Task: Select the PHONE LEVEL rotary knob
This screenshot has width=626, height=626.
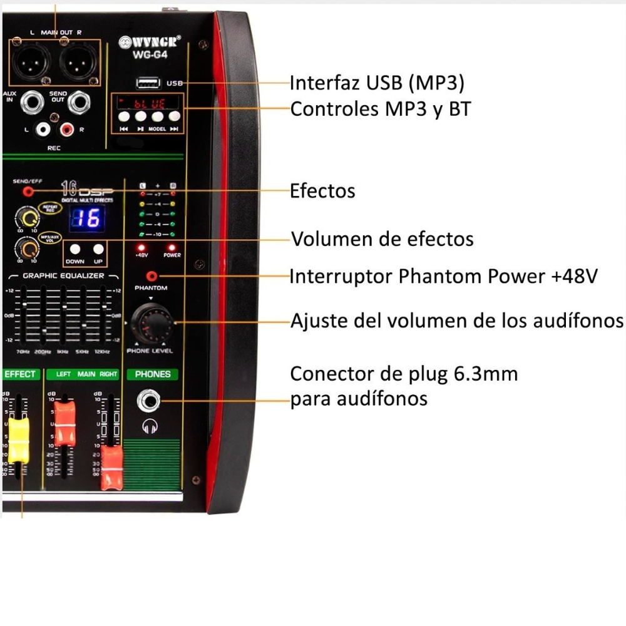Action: [150, 322]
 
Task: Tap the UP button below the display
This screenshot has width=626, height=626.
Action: [98, 248]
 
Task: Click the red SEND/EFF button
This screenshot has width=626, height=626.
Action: [28, 192]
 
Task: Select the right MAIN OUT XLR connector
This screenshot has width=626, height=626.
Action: [78, 61]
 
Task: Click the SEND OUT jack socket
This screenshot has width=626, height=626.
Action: [80, 103]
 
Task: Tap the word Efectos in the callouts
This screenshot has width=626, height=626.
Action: [322, 191]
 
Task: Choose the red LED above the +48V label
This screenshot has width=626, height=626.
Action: [141, 247]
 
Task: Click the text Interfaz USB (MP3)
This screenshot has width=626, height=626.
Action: [376, 83]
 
